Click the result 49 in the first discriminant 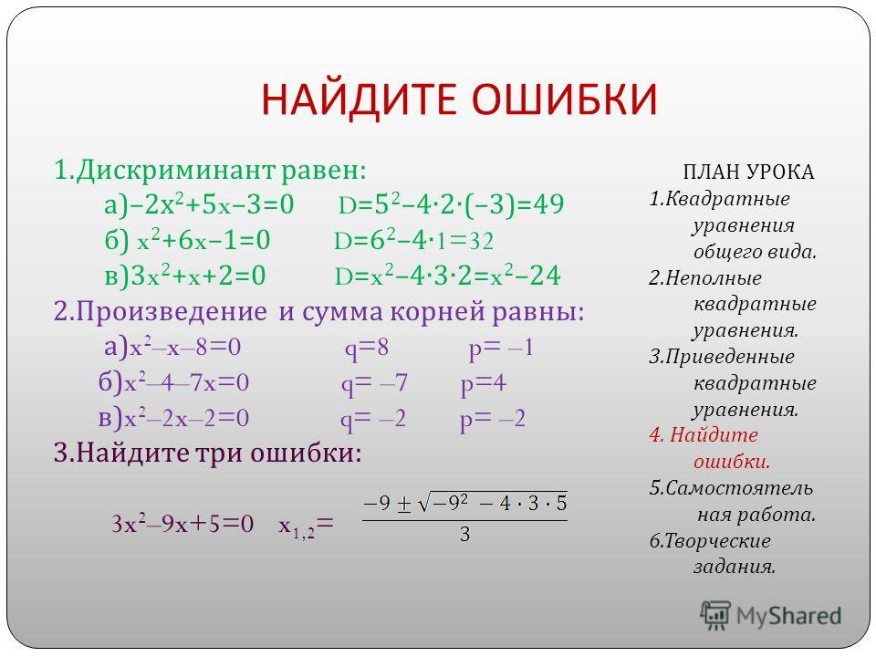tap(548, 204)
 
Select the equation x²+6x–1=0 tap(203, 240)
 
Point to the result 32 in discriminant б tap(481, 241)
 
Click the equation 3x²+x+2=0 tap(198, 276)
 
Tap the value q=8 tap(366, 349)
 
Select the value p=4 tap(484, 384)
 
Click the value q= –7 tap(374, 384)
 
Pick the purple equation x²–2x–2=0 tap(186, 419)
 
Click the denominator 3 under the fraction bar tap(464, 535)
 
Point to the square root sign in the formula tap(424, 504)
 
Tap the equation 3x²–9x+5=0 tap(182, 524)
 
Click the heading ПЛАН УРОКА tap(748, 172)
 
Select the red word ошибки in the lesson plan tap(732, 462)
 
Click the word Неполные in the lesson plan tap(713, 277)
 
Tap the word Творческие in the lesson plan tap(718, 541)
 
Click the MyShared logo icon tap(715, 616)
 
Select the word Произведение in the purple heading tap(172, 312)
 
